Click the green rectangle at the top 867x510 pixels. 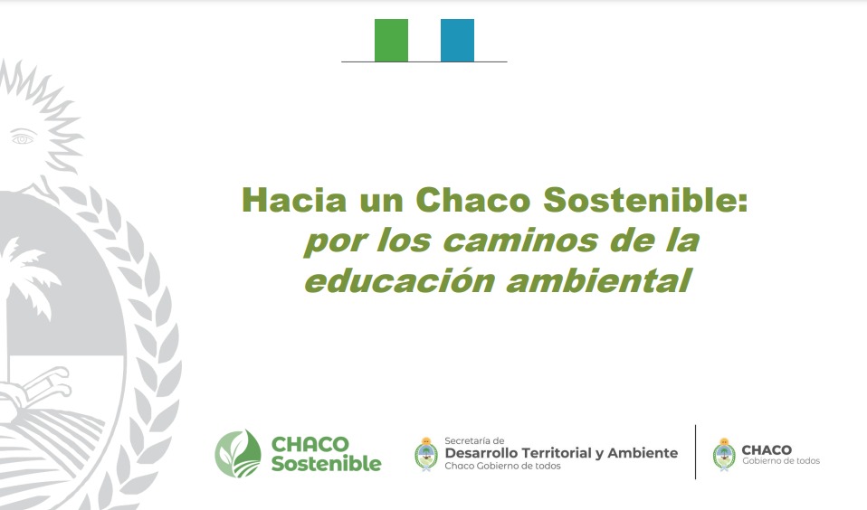(391, 41)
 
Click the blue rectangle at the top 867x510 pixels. (457, 41)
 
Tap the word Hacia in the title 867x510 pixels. (293, 199)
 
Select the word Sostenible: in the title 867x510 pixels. (645, 199)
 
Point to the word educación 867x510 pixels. (399, 280)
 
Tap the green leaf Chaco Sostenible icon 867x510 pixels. (238, 454)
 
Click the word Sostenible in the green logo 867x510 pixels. (326, 464)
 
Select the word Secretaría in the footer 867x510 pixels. (467, 441)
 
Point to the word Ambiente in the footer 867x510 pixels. (643, 453)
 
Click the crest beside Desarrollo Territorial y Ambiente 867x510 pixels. (425, 454)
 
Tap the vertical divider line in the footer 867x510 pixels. (695, 451)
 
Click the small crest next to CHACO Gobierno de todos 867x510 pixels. (724, 454)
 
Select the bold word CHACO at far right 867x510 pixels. (767, 449)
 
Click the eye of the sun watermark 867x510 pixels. (23, 137)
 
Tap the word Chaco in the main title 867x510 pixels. (472, 199)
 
